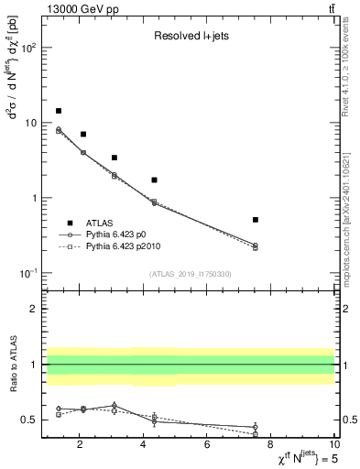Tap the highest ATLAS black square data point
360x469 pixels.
(59, 111)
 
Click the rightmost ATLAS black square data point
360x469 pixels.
(255, 220)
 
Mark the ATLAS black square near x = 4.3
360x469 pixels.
(154, 180)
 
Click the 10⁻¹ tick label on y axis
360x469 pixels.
(30, 273)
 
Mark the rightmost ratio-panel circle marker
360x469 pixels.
(255, 427)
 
